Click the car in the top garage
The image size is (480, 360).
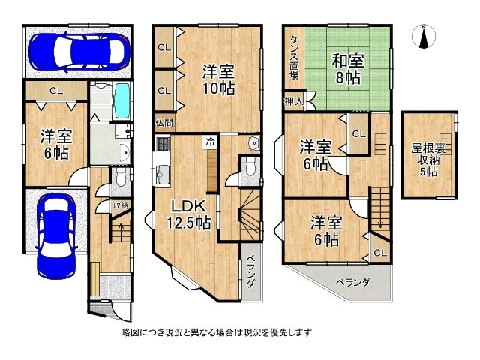tap(78, 50)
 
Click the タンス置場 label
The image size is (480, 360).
tap(294, 58)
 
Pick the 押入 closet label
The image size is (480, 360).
tap(293, 100)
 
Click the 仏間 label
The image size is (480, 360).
tap(164, 122)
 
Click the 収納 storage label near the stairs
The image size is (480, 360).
tap(120, 205)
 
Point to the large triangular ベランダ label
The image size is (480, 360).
tap(352, 283)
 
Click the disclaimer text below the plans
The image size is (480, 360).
tap(217, 331)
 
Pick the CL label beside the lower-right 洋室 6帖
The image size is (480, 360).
tap(380, 252)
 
